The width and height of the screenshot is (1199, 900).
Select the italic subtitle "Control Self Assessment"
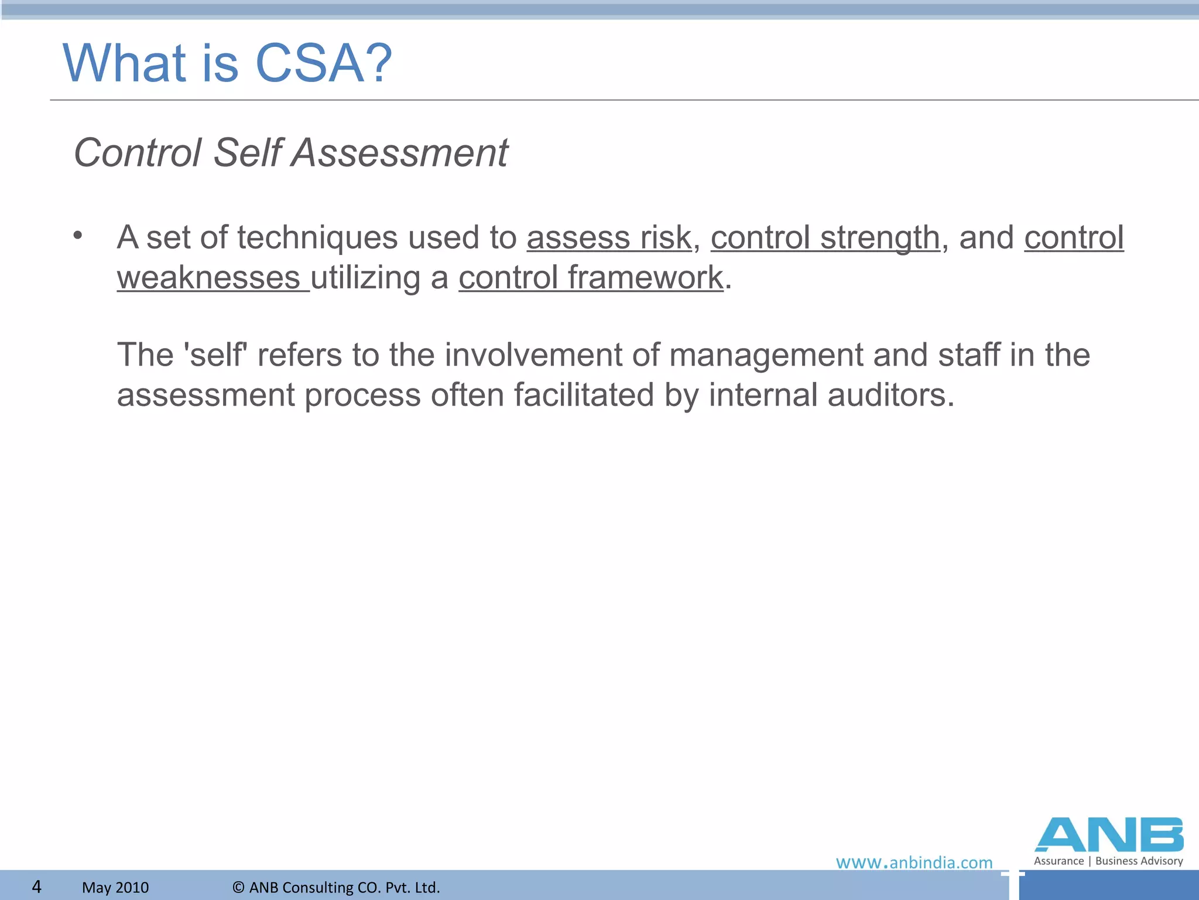(291, 153)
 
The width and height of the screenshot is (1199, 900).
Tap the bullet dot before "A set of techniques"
(78, 236)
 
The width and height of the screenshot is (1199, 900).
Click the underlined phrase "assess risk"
(609, 238)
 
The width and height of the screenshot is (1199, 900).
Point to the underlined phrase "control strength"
(825, 238)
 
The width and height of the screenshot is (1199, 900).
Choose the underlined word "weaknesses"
(208, 278)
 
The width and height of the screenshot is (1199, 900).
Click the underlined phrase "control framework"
(591, 278)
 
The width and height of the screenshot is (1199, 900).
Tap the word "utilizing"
(365, 278)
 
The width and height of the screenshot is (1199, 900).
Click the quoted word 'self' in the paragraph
(215, 355)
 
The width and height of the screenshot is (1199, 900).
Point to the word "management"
(766, 355)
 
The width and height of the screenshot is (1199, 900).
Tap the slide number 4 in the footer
(36, 887)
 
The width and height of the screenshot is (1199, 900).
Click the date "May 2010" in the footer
(115, 888)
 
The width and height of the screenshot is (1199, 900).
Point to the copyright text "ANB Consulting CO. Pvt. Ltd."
(344, 888)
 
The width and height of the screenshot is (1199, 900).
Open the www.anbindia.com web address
(914, 862)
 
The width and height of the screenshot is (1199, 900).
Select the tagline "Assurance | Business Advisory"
(1108, 861)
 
